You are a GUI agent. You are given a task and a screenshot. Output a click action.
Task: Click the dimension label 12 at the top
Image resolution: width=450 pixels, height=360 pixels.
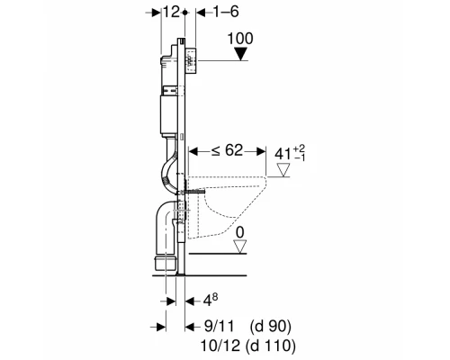click(172, 12)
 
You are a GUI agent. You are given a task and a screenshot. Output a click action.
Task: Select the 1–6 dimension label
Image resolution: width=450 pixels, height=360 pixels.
click(226, 12)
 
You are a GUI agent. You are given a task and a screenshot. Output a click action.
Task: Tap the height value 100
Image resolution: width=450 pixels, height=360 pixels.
click(240, 39)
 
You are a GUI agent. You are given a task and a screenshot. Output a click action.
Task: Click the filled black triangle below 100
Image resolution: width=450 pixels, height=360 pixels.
click(240, 55)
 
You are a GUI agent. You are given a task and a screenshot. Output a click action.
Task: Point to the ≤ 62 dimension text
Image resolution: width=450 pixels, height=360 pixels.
click(227, 150)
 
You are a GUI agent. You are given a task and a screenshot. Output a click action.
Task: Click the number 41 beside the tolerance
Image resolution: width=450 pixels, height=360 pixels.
click(283, 154)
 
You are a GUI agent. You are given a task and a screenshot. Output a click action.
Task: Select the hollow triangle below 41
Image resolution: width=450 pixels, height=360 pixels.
click(283, 169)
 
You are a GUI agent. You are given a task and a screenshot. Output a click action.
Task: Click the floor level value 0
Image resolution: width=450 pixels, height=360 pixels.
click(240, 232)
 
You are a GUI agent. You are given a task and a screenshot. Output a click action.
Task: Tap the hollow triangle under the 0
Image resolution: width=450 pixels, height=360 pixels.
click(240, 247)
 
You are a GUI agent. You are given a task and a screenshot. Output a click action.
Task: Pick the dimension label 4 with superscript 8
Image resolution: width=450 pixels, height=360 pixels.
click(211, 301)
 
